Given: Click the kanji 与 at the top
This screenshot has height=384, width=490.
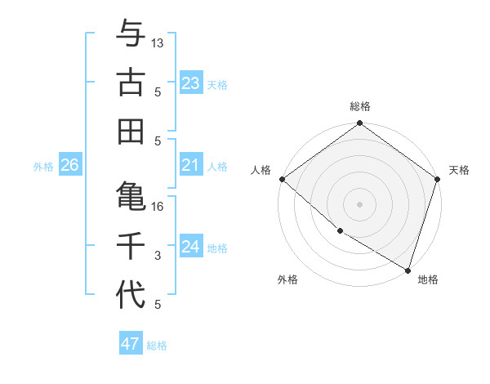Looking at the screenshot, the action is pos(131,34).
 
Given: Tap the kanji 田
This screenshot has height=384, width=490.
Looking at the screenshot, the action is pos(131,130).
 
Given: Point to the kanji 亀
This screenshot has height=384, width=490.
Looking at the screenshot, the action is pos(131,195).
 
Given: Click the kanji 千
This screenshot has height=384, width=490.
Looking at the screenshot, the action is pos(131,245).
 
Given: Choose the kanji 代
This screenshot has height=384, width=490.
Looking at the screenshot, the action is pos(131,293).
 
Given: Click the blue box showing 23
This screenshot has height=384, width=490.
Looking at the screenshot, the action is pos(190,83).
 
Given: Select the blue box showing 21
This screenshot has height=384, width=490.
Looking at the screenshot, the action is pos(190,165).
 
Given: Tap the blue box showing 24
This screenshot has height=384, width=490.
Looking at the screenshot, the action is pos(190,247).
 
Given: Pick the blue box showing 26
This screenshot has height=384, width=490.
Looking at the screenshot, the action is pos(69,165).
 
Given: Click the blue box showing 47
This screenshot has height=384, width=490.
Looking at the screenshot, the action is pos(131,344).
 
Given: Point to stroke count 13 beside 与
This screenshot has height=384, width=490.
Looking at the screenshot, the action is pos(158,42).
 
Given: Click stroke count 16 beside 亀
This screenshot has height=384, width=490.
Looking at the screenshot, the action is pos(158,207).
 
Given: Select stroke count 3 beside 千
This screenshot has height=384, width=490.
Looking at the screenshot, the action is pos(158,256).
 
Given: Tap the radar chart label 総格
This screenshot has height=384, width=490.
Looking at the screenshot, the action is pos(360,106).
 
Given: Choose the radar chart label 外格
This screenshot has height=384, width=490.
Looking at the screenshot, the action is pos(287,279).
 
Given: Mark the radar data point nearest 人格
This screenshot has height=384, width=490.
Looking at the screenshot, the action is pos(282,179).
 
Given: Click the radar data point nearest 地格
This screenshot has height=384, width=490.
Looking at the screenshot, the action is pos(408,269).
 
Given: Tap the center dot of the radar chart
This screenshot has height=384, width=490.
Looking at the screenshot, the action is pos(360,204).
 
